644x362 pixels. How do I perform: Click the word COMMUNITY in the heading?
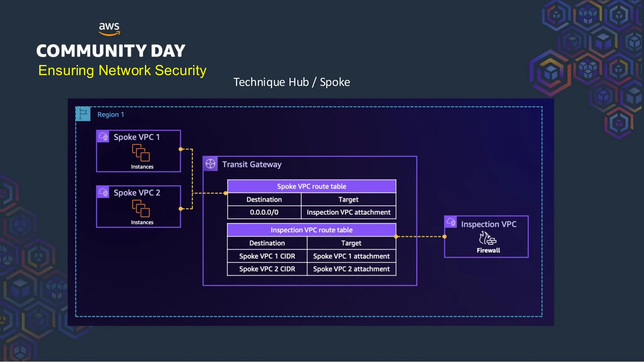pos(92,51)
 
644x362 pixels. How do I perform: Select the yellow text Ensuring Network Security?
pos(122,70)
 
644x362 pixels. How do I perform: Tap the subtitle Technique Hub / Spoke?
pos(291,82)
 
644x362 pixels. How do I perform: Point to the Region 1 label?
pos(111,115)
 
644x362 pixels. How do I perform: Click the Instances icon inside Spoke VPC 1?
pos(141,153)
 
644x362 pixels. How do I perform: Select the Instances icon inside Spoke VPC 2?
pos(141,208)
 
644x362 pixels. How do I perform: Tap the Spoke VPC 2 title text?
pos(137,193)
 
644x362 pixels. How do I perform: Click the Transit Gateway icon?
pos(210,164)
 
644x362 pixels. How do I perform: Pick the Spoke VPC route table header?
pos(311,186)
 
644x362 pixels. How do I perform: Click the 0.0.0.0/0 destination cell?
pos(264,212)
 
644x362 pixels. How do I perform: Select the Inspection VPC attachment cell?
pos(348,212)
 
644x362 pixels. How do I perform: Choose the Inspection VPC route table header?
pos(311,230)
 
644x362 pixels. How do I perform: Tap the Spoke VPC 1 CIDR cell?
pos(267,256)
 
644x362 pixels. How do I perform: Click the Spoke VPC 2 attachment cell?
pos(351,269)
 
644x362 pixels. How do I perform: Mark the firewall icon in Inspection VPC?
pos(487,238)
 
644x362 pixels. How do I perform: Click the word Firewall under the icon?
pos(488,250)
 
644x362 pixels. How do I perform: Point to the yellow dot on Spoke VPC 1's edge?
pos(180,149)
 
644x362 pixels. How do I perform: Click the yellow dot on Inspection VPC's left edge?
pos(444,237)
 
